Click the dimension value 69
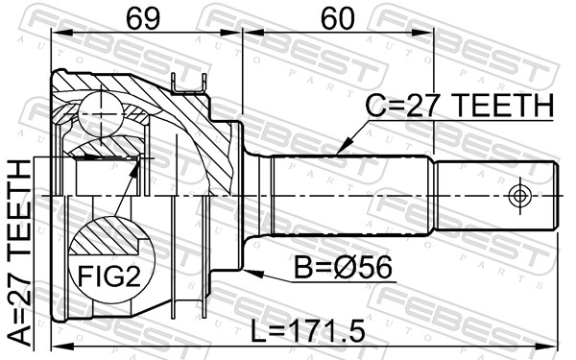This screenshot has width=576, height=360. [x=143, y=18]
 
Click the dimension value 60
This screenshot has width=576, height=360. [x=338, y=18]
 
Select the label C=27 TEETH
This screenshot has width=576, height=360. [x=459, y=106]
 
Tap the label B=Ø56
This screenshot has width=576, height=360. [x=343, y=268]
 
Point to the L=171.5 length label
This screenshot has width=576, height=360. [x=307, y=330]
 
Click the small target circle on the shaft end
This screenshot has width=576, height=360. [x=519, y=196]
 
